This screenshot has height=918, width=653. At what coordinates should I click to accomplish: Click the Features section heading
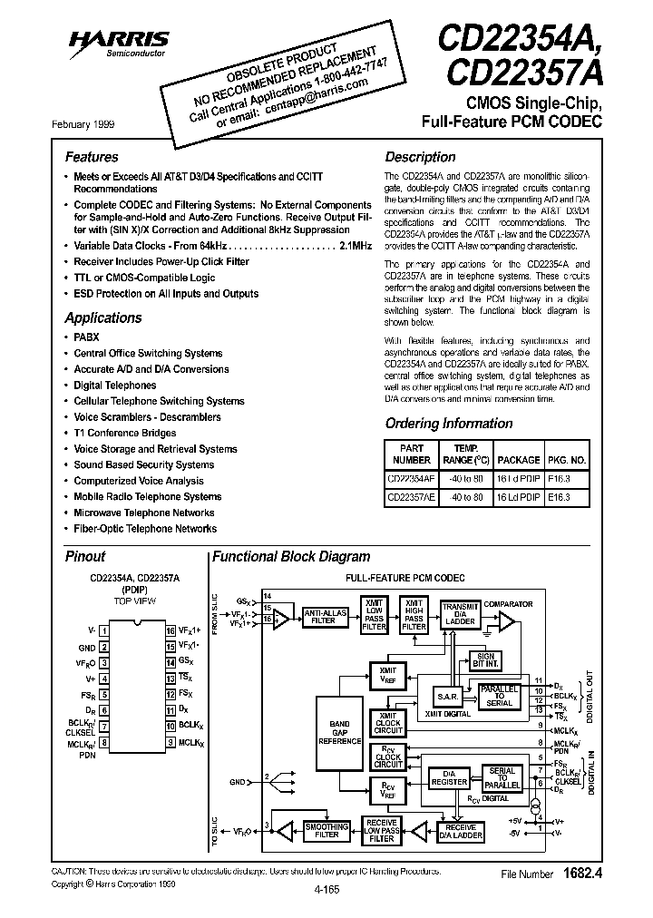tap(92, 157)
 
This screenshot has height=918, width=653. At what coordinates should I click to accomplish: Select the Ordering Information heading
tap(449, 423)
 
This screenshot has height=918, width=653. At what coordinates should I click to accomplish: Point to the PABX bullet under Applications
tap(86, 337)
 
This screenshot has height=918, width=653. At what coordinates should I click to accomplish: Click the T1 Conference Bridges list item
tap(125, 433)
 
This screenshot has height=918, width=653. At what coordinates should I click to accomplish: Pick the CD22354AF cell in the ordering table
tap(410, 476)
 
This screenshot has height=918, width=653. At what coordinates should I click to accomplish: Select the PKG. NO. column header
tap(567, 460)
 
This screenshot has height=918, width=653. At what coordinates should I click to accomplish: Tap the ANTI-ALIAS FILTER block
tap(324, 617)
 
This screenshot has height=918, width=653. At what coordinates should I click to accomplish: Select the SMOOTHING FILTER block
tap(326, 830)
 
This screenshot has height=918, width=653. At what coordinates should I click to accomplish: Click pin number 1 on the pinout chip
tap(105, 630)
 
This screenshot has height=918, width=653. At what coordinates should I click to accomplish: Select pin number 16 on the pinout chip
tap(170, 630)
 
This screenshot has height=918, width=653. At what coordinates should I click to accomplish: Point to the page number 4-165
tap(326, 889)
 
